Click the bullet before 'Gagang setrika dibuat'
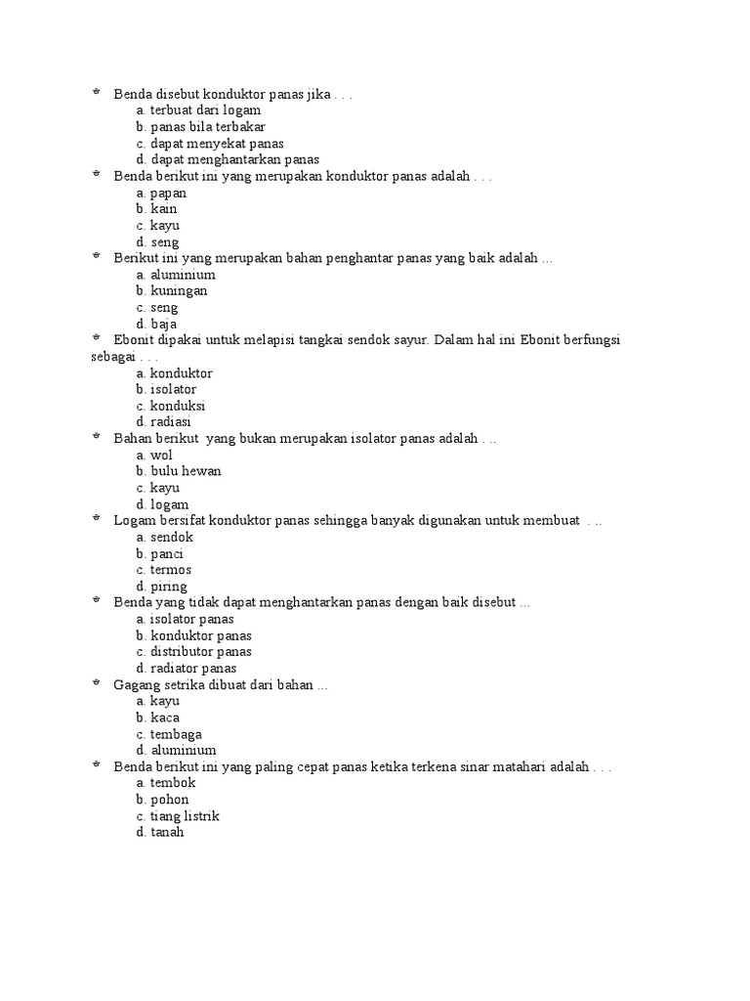click(97, 684)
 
